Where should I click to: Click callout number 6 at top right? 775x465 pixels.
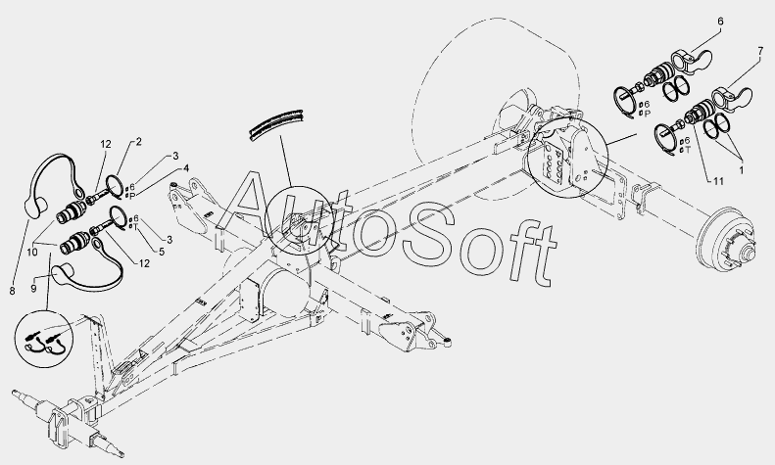720,21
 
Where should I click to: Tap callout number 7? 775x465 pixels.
759,49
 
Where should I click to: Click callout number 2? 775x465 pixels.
138,142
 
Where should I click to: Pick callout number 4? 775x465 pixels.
185,168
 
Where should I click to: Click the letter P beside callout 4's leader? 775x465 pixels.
133,194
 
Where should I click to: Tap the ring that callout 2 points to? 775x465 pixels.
115,183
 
